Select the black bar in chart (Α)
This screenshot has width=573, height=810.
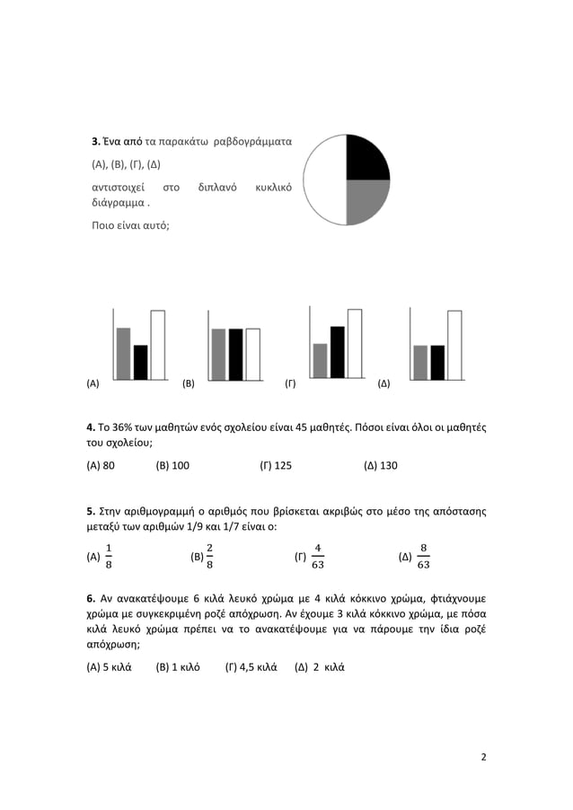click(x=141, y=362)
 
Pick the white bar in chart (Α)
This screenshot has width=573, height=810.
click(x=157, y=345)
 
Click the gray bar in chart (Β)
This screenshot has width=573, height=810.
click(x=218, y=354)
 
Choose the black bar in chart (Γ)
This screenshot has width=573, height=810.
click(x=338, y=352)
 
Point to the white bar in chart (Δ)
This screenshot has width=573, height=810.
click(x=454, y=345)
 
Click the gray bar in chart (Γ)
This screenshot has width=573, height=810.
click(x=321, y=360)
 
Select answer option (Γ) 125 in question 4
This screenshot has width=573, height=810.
click(x=276, y=465)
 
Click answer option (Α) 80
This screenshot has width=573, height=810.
click(x=101, y=465)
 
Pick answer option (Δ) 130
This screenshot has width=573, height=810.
click(x=381, y=465)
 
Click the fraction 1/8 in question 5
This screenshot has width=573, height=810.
click(x=109, y=557)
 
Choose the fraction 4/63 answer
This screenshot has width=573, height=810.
click(x=318, y=557)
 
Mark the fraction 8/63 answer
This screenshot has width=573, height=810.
click(x=424, y=557)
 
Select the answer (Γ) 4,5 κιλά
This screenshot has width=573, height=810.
click(x=251, y=667)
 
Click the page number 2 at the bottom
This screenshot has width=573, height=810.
click(x=484, y=756)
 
